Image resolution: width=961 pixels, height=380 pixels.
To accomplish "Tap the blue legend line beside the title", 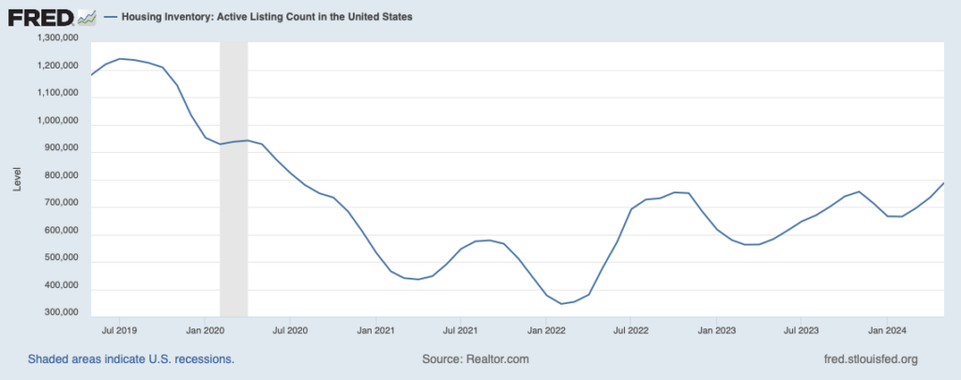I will [111, 17].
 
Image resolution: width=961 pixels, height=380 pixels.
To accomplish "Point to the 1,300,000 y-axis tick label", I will [56, 38].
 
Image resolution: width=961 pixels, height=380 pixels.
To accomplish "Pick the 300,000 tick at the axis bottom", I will [59, 317].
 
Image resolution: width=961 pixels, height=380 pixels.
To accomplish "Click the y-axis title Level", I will [16, 179].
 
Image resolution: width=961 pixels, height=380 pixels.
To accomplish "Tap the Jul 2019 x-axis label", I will [119, 330].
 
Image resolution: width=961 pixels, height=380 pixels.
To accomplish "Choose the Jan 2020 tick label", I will [206, 330].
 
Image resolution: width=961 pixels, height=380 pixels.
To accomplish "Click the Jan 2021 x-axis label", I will [376, 330].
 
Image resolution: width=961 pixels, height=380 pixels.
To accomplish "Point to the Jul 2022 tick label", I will [631, 330].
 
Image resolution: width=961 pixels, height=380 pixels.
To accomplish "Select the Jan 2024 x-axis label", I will [887, 330].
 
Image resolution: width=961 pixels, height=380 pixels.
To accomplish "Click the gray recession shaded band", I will [234, 178].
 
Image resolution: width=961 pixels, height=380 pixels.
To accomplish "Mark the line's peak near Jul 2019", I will [119, 58].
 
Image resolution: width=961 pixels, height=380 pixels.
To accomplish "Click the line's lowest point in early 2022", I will [562, 304].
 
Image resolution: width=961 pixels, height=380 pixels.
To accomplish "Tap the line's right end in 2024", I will [943, 183].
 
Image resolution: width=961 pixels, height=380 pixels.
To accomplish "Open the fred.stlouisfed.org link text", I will [869, 359].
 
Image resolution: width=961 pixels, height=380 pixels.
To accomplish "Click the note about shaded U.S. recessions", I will [130, 359].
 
